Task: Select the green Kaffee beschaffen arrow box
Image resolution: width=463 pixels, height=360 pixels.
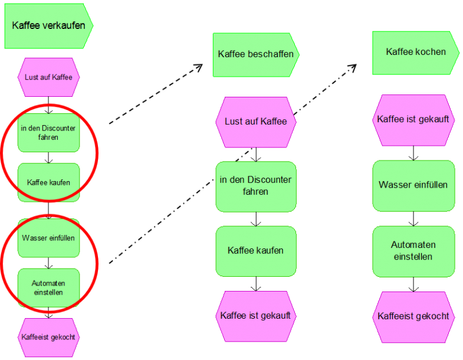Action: [255, 54]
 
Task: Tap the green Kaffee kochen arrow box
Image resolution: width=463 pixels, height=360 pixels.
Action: [415, 52]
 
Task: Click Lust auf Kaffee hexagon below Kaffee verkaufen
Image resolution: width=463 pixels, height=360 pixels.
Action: [48, 77]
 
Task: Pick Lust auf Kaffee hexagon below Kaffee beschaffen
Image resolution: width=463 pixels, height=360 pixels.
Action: [255, 122]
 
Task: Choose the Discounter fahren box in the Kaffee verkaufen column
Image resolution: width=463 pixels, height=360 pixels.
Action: [48, 133]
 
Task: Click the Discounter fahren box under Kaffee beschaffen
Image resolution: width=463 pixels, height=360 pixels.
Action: [255, 186]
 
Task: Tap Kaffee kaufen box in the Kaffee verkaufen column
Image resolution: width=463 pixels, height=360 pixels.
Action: [48, 182]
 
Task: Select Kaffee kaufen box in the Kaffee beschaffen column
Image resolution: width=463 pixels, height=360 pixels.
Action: [255, 251]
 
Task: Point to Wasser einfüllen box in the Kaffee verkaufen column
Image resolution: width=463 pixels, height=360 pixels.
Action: [48, 238]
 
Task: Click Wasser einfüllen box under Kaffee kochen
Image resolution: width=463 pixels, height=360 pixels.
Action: [413, 185]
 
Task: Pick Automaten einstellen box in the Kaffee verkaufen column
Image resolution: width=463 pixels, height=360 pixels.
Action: [48, 287]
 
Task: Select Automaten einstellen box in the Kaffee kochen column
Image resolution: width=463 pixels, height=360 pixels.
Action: [413, 251]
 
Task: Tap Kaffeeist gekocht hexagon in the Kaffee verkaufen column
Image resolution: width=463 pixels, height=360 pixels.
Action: [48, 338]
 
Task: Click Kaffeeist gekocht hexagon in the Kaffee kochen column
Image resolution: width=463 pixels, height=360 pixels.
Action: [413, 316]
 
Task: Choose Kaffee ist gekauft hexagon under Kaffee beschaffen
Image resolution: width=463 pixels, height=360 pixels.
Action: [255, 316]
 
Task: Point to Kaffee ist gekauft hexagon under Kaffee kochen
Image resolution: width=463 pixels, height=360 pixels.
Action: [413, 120]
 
